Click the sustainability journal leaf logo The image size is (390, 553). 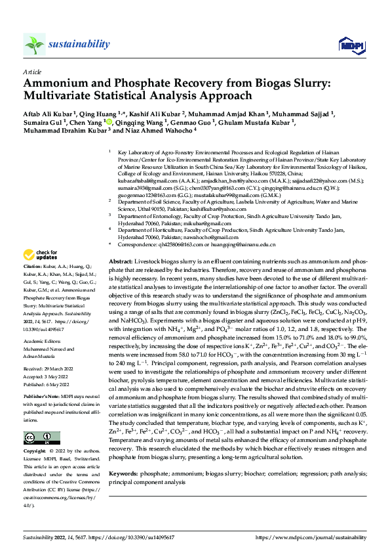coord(35,45)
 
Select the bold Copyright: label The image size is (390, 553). coord(37,453)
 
